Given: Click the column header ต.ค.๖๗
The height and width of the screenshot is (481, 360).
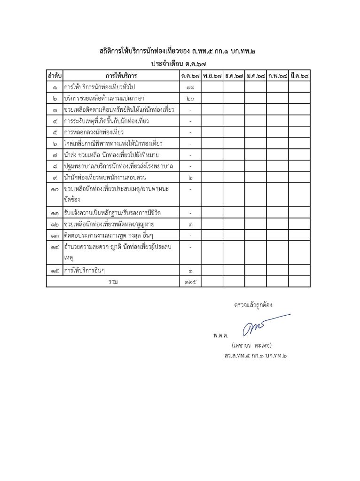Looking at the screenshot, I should (191, 75).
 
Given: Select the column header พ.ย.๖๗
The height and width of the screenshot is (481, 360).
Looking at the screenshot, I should (213, 75).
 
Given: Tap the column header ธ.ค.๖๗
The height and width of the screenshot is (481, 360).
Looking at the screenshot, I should (234, 75).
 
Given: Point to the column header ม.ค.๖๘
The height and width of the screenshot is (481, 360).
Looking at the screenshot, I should (256, 75).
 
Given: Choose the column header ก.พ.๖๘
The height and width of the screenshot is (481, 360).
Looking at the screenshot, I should (277, 75).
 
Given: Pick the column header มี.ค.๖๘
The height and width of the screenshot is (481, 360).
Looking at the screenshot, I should (299, 75).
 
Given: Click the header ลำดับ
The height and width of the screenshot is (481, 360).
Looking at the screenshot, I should (55, 75).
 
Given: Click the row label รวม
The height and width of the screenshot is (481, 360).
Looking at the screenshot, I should (113, 281).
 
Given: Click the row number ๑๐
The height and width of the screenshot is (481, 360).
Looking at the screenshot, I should (55, 189).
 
